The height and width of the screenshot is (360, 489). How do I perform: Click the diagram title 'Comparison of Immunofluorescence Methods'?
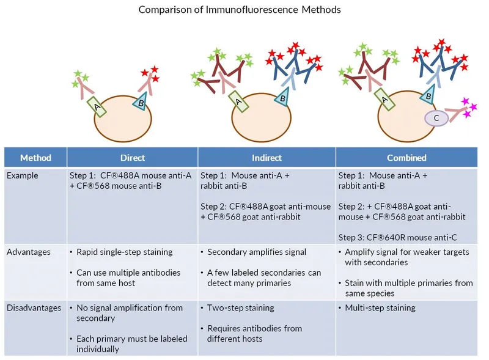[240, 10]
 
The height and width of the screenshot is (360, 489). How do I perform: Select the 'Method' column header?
[35, 158]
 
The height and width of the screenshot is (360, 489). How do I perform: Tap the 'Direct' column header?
[133, 158]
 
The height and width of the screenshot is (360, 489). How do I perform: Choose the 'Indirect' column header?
[267, 158]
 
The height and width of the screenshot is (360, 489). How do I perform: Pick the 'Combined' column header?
[406, 158]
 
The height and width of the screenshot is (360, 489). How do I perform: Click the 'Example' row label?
[22, 175]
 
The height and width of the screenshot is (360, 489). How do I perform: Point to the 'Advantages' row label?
[29, 252]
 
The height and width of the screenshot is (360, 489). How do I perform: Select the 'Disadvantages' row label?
[34, 308]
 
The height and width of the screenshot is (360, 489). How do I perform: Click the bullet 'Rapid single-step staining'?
[125, 252]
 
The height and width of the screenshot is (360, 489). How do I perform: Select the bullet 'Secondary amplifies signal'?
[257, 252]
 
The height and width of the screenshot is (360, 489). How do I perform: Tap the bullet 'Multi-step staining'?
[380, 308]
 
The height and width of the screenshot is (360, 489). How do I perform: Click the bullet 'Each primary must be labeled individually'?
[132, 343]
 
